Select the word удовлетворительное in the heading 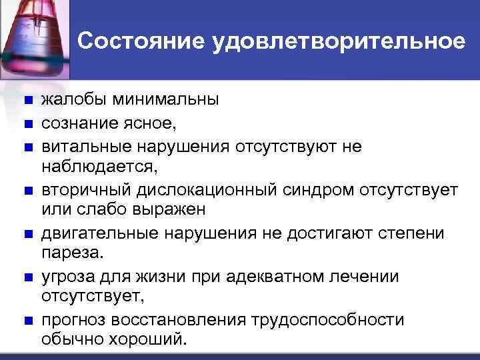tap(338, 41)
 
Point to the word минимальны tap(165, 101)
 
